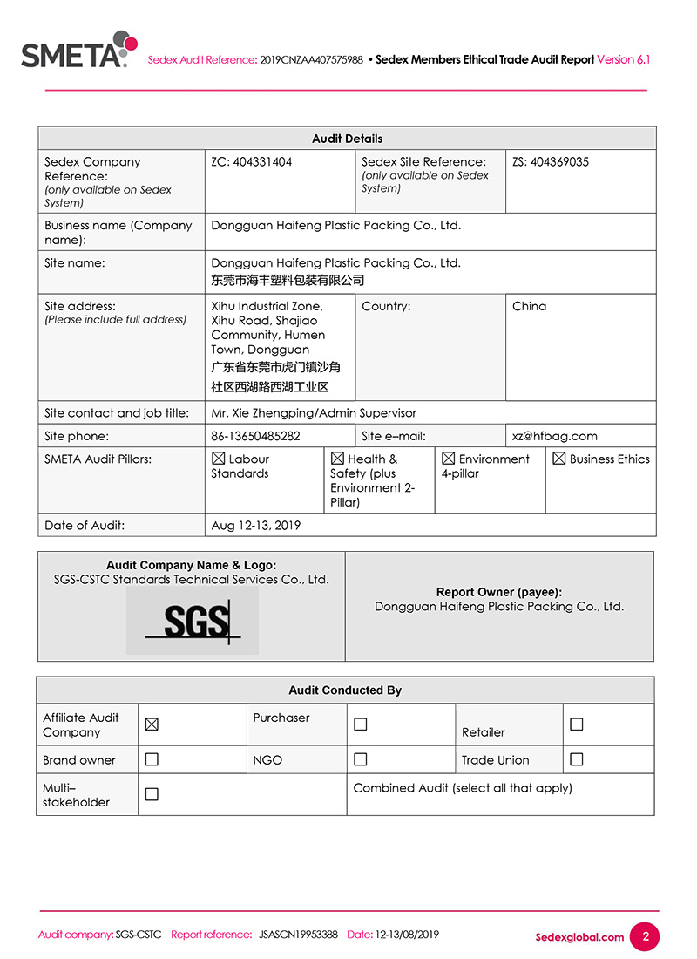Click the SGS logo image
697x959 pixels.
coord(192,621)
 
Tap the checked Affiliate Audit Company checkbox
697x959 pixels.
coord(152,724)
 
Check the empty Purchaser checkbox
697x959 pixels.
coord(361,724)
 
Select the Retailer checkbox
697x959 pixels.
coord(576,724)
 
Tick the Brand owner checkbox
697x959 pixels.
coord(152,759)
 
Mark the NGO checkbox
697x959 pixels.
coord(361,759)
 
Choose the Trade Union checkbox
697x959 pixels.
coord(576,759)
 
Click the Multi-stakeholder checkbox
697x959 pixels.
coord(152,794)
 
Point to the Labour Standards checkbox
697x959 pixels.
coord(219,459)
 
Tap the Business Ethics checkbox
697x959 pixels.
coord(559,459)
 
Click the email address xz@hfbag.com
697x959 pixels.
coord(555,436)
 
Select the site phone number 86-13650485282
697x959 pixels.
coord(255,436)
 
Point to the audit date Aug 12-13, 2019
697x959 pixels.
coord(255,525)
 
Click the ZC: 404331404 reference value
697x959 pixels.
coord(252,162)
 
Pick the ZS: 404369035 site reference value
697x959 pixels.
coord(551,162)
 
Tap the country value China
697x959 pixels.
coord(530,306)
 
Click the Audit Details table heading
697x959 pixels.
coord(347,139)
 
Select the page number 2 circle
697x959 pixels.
coord(646,937)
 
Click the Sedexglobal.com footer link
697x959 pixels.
coord(579,937)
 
